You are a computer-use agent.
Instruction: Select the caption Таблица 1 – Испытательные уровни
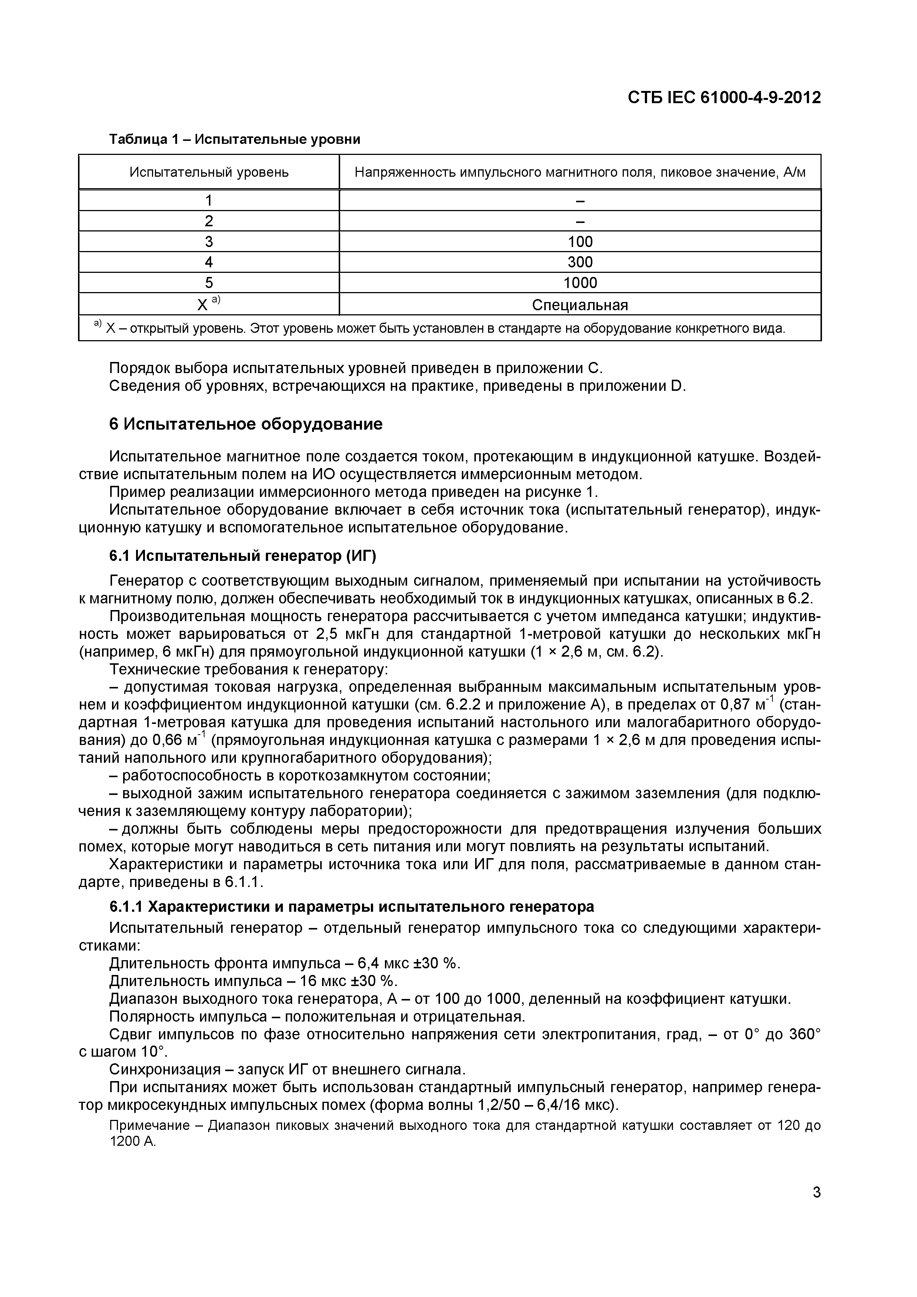pos(234,139)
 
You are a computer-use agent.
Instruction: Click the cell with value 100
pos(580,242)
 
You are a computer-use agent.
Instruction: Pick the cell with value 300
pos(580,262)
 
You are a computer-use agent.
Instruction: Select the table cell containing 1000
pos(580,282)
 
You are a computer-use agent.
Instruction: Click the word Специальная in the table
pos(580,305)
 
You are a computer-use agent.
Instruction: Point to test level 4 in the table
pos(209,262)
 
